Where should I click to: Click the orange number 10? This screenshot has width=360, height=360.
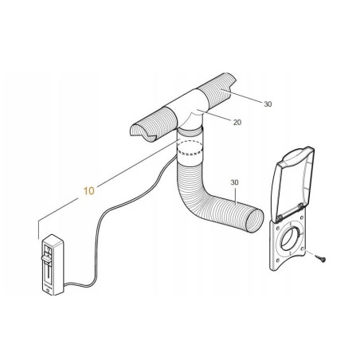(x=88, y=191)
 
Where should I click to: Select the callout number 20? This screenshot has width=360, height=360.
(x=237, y=122)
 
